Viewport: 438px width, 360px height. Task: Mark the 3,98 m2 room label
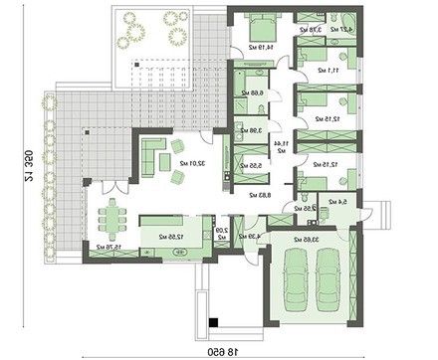pyautogui.click(x=250, y=130)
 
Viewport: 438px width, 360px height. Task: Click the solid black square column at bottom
pyautogui.click(x=213, y=321)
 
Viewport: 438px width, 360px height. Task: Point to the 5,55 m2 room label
pyautogui.click(x=249, y=166)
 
